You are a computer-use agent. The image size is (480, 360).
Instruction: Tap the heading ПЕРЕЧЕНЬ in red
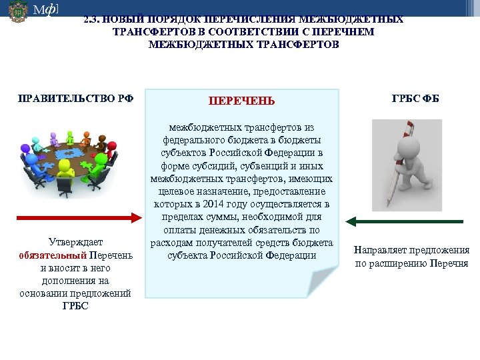click(x=241, y=101)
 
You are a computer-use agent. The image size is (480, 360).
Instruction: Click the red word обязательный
click(x=53, y=255)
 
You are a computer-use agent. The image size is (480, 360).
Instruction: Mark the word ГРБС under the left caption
click(x=75, y=306)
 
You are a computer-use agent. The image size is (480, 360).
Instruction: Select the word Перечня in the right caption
click(x=452, y=263)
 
